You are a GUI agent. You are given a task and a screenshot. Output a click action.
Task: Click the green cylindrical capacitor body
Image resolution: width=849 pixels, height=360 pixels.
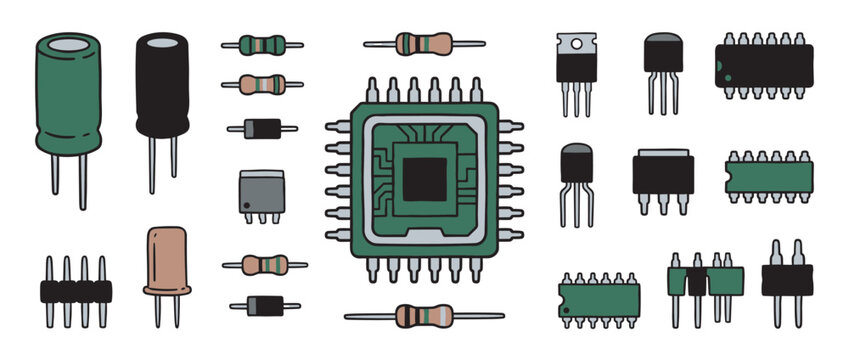pyautogui.click(x=68, y=100)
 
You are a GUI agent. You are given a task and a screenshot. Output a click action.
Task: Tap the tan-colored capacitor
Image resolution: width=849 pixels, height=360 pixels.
pyautogui.click(x=167, y=261)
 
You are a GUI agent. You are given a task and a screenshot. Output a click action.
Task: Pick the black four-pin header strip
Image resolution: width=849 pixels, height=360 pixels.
pyautogui.click(x=75, y=291)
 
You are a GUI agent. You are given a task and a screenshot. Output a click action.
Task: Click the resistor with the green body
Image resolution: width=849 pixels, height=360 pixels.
pyautogui.click(x=262, y=45)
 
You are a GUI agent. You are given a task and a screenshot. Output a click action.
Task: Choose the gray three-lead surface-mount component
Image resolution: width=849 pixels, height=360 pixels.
pyautogui.click(x=261, y=189)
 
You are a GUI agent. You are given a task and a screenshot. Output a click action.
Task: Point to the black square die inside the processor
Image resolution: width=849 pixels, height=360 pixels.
pyautogui.click(x=423, y=178)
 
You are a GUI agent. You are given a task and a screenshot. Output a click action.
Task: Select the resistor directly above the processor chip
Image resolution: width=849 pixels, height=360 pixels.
pyautogui.click(x=424, y=44)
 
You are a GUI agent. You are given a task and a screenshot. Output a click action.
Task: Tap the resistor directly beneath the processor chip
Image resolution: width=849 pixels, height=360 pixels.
pyautogui.click(x=424, y=316)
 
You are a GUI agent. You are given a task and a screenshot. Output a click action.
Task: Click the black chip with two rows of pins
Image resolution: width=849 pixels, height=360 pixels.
pyautogui.click(x=763, y=64)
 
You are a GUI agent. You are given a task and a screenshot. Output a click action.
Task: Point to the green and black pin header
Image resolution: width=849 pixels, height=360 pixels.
pyautogui.click(x=706, y=281)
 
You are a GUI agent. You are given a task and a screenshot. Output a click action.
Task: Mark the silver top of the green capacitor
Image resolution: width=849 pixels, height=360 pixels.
pyautogui.click(x=68, y=44)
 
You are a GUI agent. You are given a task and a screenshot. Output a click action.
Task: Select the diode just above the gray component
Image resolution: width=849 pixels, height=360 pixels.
pyautogui.click(x=262, y=128)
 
